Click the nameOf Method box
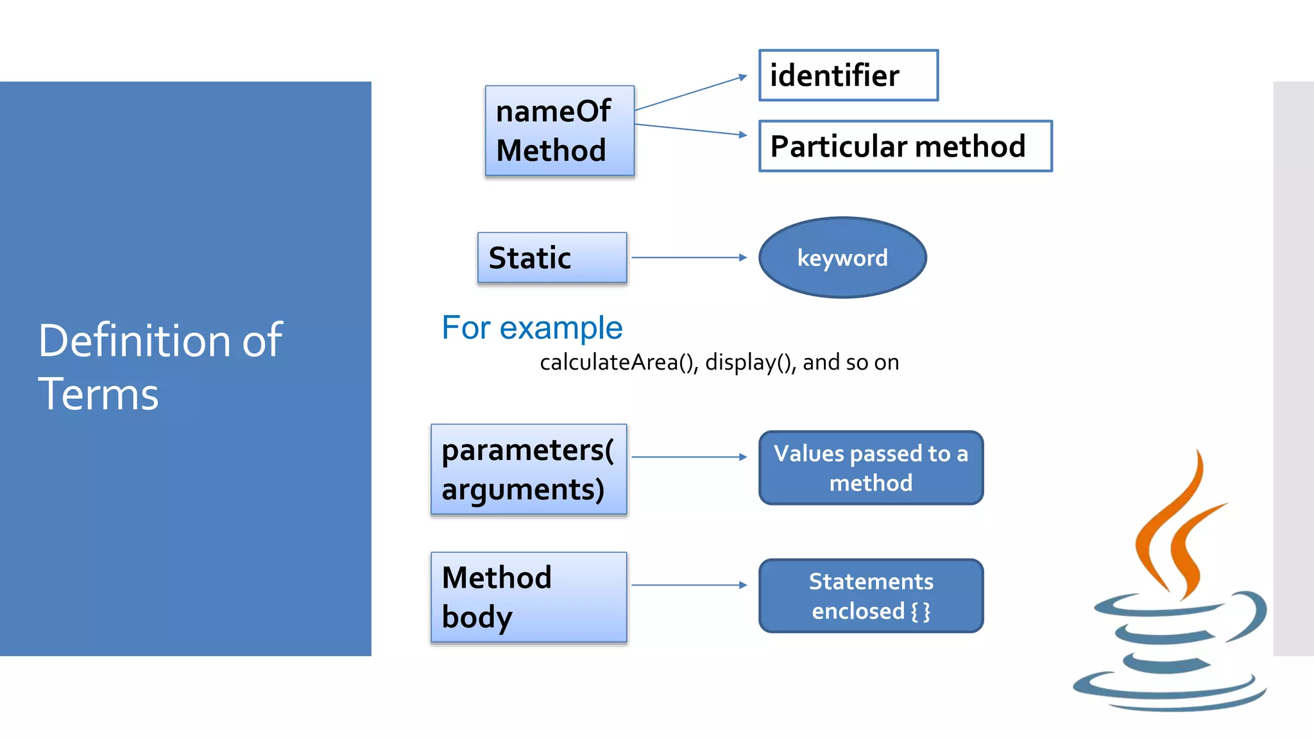point(559,131)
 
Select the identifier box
point(848,76)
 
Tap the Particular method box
point(905,146)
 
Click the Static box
point(552,258)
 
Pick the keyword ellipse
point(842,258)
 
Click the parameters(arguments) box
point(528,470)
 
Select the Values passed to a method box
point(871,468)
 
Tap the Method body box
point(528,597)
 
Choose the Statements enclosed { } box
point(871,596)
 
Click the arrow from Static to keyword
point(689,258)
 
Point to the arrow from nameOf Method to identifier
point(690,93)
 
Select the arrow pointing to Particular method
point(690,130)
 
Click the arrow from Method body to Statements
point(689,585)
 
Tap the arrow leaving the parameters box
point(689,457)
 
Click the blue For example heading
point(532,328)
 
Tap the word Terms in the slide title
point(98,394)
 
